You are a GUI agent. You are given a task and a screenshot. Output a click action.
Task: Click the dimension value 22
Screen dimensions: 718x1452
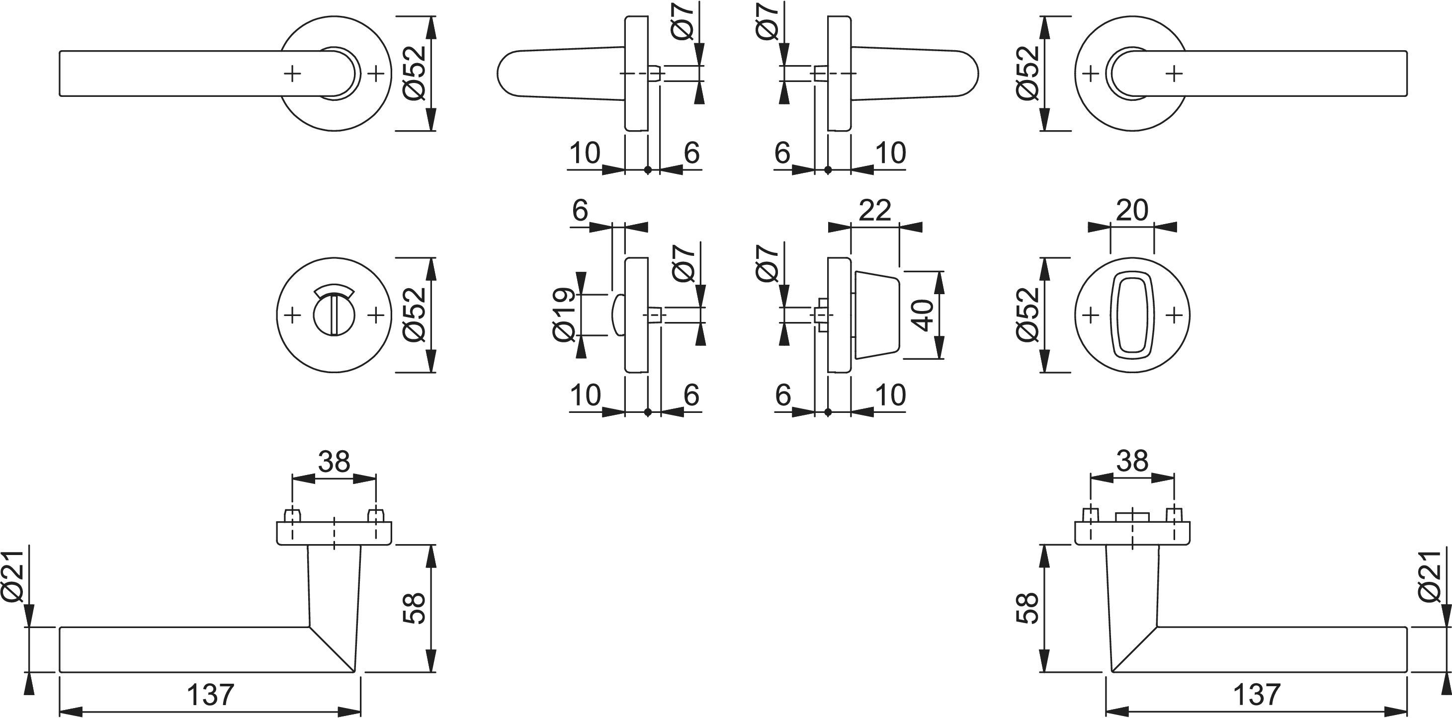click(874, 210)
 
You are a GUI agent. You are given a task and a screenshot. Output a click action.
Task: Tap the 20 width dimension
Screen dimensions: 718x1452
click(1131, 210)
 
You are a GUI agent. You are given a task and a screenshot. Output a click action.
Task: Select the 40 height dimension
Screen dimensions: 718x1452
click(923, 315)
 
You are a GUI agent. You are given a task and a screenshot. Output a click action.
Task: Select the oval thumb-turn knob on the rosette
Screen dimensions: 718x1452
click(1132, 315)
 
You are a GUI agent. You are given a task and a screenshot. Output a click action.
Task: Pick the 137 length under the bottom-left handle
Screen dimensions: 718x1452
click(210, 695)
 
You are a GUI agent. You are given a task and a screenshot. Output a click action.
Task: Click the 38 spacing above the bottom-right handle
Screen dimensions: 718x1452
click(1132, 462)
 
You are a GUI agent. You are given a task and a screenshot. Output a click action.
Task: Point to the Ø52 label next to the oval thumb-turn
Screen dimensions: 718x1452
click(1027, 315)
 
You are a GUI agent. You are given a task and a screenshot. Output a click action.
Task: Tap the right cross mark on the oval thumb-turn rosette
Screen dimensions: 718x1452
click(1174, 315)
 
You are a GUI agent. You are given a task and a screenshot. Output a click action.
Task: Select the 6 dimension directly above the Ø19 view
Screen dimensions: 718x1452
click(580, 210)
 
